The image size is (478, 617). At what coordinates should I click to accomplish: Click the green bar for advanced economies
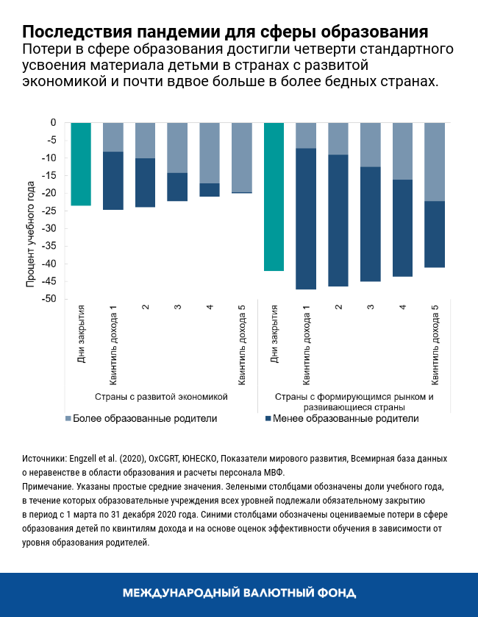[x=80, y=163]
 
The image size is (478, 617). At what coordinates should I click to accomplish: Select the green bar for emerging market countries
[x=274, y=197]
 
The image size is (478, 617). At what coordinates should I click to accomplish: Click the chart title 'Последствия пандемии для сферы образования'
[x=224, y=32]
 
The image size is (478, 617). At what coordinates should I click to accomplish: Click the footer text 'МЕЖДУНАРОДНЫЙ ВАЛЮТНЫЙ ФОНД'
[x=239, y=593]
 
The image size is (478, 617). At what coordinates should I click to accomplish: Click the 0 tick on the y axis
[x=53, y=122]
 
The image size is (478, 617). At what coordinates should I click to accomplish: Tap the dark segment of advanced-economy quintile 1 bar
[x=113, y=180]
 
